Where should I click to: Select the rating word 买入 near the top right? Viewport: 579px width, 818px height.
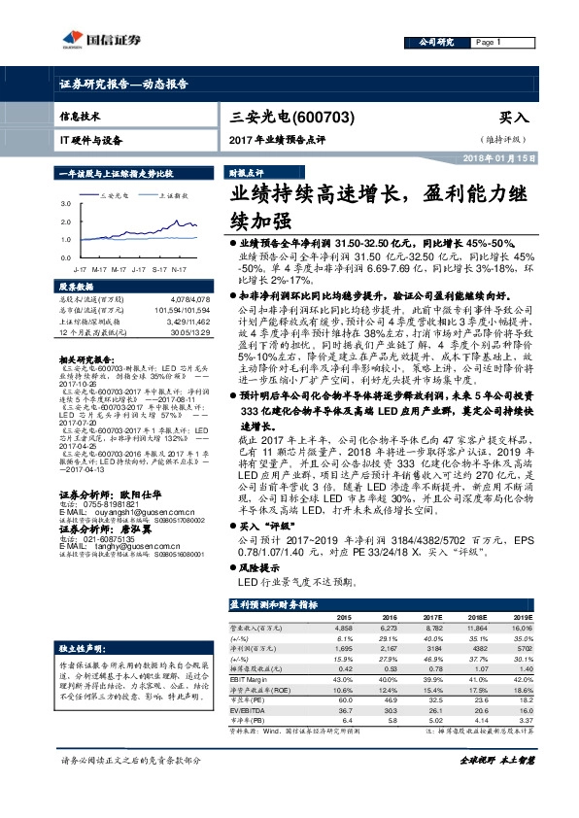coord(514,116)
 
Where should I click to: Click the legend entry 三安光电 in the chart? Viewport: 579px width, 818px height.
coord(118,194)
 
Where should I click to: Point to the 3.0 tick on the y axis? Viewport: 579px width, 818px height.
coord(64,205)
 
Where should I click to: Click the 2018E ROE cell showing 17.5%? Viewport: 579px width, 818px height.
coord(475,689)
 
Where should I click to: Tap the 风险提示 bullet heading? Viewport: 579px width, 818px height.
coord(259,567)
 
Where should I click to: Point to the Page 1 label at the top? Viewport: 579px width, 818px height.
coord(488,43)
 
